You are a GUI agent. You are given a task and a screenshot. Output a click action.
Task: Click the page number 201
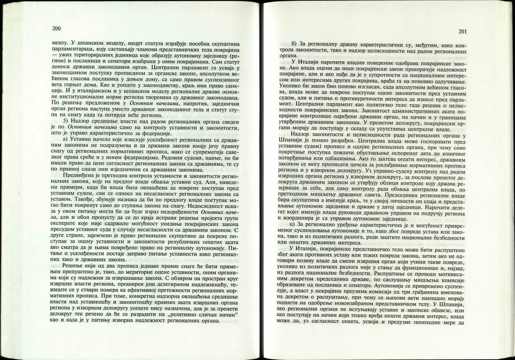[463, 32]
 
